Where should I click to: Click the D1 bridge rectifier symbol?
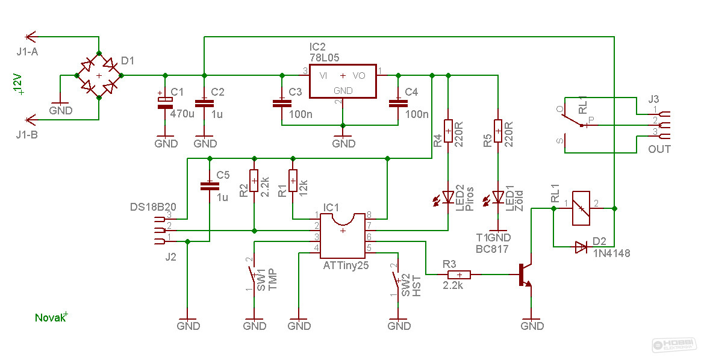click(99, 75)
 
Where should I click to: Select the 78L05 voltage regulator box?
click(343, 81)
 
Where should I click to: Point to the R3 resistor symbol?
click(459, 275)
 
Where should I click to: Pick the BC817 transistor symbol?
click(525, 275)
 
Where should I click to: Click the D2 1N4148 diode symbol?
click(581, 246)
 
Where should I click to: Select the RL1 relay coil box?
click(581, 208)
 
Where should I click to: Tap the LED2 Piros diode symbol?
click(447, 197)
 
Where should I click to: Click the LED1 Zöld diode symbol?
click(497, 197)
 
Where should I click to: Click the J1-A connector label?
click(27, 52)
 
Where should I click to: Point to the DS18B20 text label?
click(152, 207)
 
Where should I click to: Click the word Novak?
click(49, 318)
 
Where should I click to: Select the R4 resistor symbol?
click(448, 131)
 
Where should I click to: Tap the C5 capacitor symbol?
click(209, 186)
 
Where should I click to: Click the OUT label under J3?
click(659, 149)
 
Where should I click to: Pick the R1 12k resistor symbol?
click(293, 181)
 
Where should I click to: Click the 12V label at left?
click(17, 84)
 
